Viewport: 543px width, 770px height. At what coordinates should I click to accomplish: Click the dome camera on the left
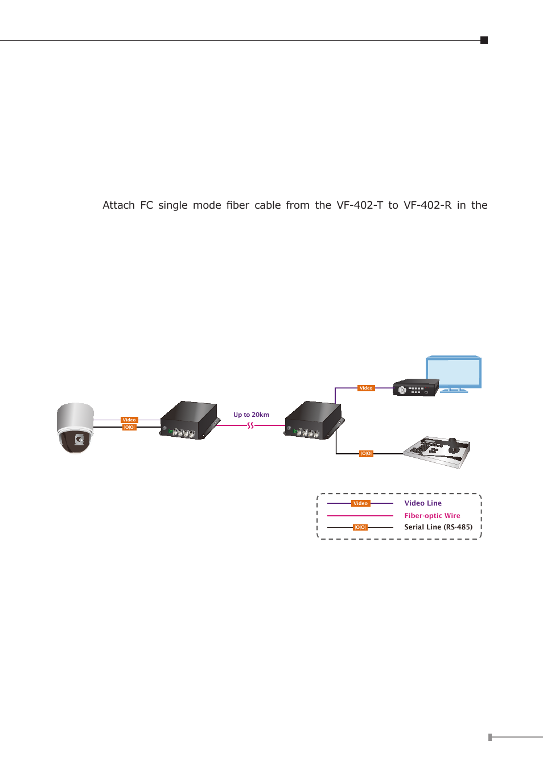(75, 428)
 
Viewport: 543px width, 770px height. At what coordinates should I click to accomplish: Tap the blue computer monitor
(454, 373)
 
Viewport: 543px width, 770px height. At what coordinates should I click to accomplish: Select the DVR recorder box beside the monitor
(416, 388)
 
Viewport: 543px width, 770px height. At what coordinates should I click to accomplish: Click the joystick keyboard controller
(438, 452)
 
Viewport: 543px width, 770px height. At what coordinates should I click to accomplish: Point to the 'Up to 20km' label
(251, 415)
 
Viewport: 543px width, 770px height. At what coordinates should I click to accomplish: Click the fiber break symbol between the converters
(250, 425)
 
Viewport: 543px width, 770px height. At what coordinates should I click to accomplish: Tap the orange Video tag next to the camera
(129, 420)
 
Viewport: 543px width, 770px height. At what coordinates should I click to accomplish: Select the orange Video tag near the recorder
(366, 388)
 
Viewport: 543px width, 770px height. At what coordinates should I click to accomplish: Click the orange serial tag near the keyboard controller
(366, 453)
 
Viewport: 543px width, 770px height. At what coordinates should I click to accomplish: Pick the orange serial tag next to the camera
(129, 427)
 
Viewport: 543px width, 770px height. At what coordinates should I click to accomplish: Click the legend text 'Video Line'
(423, 503)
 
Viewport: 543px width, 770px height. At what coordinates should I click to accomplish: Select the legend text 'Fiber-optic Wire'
(432, 516)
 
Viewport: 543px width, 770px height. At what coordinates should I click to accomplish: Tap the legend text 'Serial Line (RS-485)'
(438, 527)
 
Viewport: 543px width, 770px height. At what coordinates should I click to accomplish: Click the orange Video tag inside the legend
(360, 503)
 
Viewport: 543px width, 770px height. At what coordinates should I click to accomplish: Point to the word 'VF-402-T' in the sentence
(360, 205)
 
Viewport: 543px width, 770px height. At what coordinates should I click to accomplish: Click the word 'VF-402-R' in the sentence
(427, 205)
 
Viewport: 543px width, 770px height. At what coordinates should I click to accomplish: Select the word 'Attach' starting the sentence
(118, 205)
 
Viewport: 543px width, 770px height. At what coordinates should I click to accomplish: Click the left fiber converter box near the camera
(190, 420)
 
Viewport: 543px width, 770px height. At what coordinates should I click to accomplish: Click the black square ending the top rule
(484, 40)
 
